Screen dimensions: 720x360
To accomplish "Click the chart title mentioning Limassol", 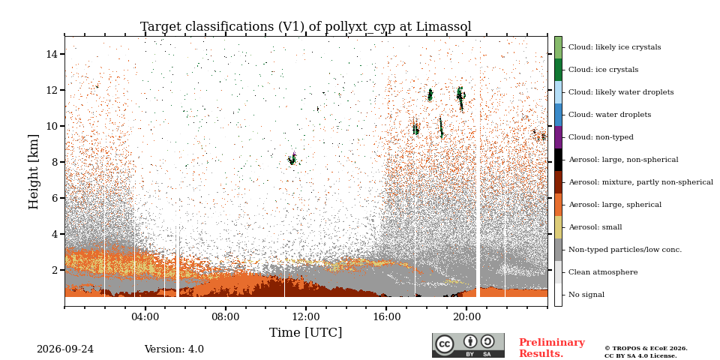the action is tap(306, 27).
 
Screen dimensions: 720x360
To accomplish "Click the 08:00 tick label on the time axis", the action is tap(226, 316).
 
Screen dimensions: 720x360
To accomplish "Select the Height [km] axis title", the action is tap(34, 172).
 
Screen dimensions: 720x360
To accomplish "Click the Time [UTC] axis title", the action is tap(306, 332).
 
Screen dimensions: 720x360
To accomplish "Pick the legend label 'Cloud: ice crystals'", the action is tap(603, 70).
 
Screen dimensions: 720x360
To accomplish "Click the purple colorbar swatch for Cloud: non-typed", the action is tap(558, 136).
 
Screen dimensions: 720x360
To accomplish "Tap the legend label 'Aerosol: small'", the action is tap(595, 227).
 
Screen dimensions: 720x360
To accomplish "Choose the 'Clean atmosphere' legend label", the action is tap(603, 272).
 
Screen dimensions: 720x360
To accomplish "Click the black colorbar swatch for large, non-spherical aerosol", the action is tap(558, 159).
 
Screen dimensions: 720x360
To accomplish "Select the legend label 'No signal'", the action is tap(586, 295).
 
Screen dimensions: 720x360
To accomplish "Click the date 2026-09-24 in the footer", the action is tap(65, 349).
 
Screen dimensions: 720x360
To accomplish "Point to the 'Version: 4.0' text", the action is tap(174, 349).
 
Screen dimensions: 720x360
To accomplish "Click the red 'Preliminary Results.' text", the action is tap(552, 348).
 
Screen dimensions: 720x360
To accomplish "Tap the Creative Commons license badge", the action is tap(468, 345).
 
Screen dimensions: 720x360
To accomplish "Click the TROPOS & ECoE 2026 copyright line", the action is tap(646, 349).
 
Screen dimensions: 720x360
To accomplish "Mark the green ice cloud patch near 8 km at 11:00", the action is tap(292, 159).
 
